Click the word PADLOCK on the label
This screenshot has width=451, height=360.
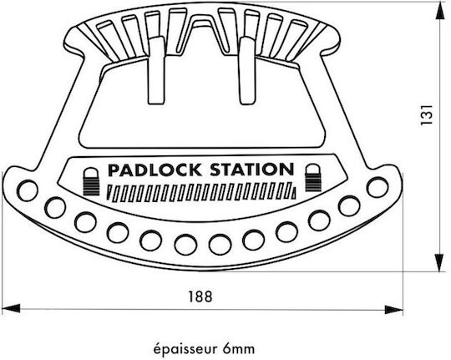pos(155,170)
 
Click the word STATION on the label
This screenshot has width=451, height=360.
pos(252,170)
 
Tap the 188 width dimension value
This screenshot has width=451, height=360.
pos(200,297)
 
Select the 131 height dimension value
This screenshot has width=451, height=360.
pos(427,114)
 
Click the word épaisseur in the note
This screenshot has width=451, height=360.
pos(184,350)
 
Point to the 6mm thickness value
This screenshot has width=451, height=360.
pos(238,349)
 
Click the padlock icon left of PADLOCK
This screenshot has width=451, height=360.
pos(91,181)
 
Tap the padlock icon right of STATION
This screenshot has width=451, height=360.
pos(313,178)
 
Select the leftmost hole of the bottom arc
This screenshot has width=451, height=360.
pos(28,190)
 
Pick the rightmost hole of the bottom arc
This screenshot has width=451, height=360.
pos(378,188)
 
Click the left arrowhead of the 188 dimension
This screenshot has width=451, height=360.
pos(11,308)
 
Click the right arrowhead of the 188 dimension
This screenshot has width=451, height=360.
pos(393,310)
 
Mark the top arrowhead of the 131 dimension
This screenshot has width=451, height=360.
pos(439,11)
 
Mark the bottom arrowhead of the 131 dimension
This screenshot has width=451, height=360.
pos(439,263)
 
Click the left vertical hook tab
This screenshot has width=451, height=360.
pos(157,70)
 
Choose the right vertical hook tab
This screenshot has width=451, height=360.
pos(248,70)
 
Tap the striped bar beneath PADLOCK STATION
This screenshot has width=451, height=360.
pos(201,192)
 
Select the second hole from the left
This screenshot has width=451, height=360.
pos(55,207)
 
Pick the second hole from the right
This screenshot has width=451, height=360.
pos(349,205)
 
